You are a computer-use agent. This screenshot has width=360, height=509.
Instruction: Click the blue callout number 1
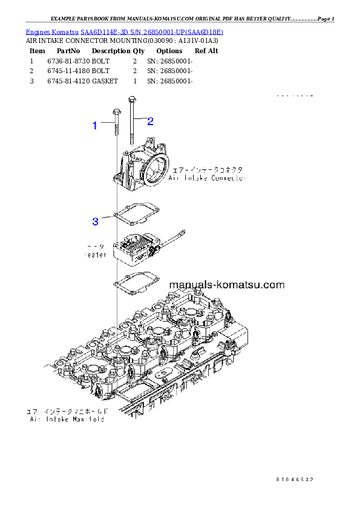tap(94, 126)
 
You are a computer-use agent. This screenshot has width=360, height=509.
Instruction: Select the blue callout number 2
tap(150, 121)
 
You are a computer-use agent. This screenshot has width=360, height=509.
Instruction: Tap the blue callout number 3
tap(95, 221)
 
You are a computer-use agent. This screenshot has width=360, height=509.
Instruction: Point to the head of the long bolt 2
tap(131, 99)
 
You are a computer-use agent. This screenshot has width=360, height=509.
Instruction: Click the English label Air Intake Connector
tap(207, 179)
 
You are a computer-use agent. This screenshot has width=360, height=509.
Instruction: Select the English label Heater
tap(95, 254)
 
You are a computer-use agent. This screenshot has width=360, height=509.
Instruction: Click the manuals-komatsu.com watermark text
tap(227, 284)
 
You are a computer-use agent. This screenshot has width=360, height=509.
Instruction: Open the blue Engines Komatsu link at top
tap(124, 31)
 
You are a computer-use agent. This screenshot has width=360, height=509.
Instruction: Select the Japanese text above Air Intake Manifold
tap(66, 411)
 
